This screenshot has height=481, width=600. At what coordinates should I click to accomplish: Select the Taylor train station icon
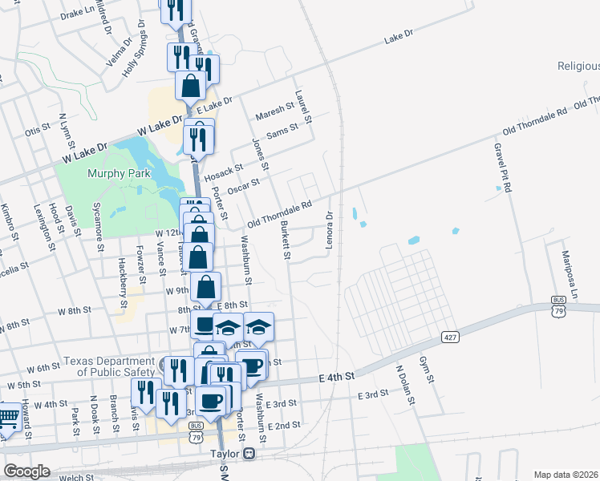click(x=249, y=453)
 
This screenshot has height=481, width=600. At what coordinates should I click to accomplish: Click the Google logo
click(x=26, y=471)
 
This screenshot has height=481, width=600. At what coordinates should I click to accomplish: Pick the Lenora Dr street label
click(x=329, y=228)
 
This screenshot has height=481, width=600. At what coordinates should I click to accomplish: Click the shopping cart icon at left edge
click(x=7, y=418)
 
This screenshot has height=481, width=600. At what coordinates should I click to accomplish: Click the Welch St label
click(x=76, y=478)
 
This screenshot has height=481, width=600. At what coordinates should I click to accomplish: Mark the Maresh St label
click(x=276, y=112)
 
